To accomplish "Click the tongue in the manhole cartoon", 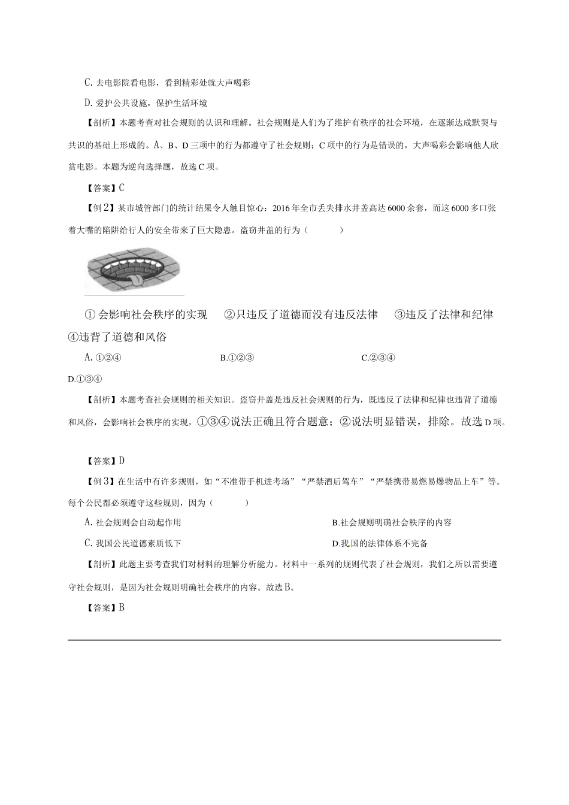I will tap(137, 279).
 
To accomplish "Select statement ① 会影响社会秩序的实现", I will tap(147, 315).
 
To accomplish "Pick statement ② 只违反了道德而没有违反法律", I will tap(301, 315).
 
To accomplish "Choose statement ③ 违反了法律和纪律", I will tap(444, 315).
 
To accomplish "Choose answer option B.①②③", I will tap(238, 358).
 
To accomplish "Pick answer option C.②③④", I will tap(379, 358).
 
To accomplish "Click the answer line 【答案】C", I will tap(105, 188).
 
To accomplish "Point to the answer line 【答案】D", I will tap(105, 461).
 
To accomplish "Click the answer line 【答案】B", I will tap(105, 608).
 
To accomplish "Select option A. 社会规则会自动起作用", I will tap(133, 522).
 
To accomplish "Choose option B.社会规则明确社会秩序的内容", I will tap(392, 522).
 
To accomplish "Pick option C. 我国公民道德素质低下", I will tap(133, 544).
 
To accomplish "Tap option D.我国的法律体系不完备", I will tap(380, 544).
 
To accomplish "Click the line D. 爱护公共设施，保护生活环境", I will tap(146, 103).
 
